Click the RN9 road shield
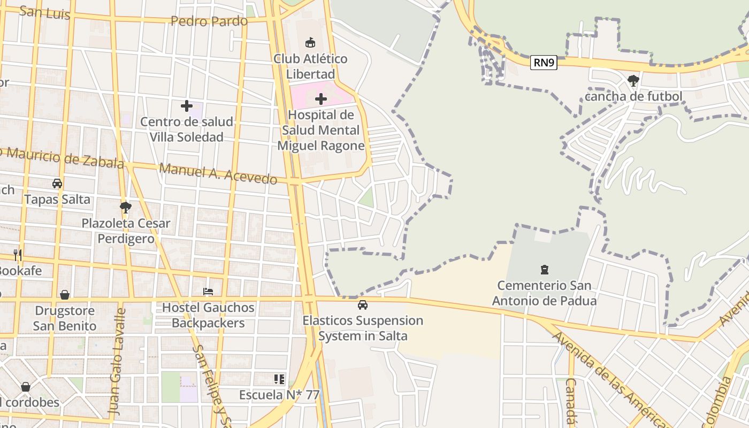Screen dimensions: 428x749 pyautogui.click(x=544, y=63)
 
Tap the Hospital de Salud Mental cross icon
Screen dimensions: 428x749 pyautogui.click(x=321, y=99)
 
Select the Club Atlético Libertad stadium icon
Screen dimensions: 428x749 pyautogui.click(x=310, y=42)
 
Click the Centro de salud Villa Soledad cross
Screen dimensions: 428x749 pyautogui.click(x=186, y=106)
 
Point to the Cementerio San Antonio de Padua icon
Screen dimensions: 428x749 pyautogui.click(x=545, y=269)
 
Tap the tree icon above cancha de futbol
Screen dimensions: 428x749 pyautogui.click(x=633, y=81)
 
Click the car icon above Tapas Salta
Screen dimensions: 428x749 pyautogui.click(x=57, y=184)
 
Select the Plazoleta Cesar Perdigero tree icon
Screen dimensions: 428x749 pyautogui.click(x=126, y=207)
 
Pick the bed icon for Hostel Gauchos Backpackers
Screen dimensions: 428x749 pyautogui.click(x=208, y=292)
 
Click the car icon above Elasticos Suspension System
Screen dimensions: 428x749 pyautogui.click(x=363, y=305)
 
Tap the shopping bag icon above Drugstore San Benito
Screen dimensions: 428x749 pyautogui.click(x=65, y=295)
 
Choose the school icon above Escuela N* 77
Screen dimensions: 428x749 pyautogui.click(x=279, y=379)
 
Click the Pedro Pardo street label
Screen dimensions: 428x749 pyautogui.click(x=209, y=21)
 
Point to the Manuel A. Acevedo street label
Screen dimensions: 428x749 pyautogui.click(x=218, y=173)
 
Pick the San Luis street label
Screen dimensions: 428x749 pyautogui.click(x=44, y=12)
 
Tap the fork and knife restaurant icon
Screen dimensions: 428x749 pyautogui.click(x=18, y=255)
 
